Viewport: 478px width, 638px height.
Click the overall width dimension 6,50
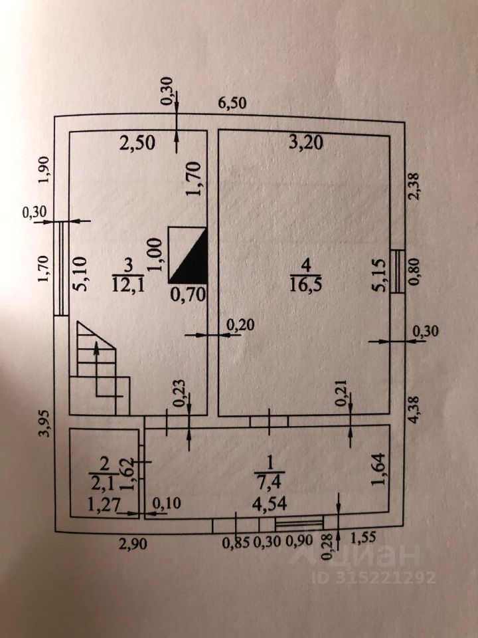click(233, 103)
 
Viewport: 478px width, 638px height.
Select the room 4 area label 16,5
click(306, 285)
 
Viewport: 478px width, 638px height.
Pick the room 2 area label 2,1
click(103, 480)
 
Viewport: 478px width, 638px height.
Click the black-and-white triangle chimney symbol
click(189, 255)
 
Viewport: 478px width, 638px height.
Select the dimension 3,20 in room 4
click(305, 142)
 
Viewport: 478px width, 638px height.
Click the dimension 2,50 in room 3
click(137, 142)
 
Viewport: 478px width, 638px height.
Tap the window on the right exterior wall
click(396, 270)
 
